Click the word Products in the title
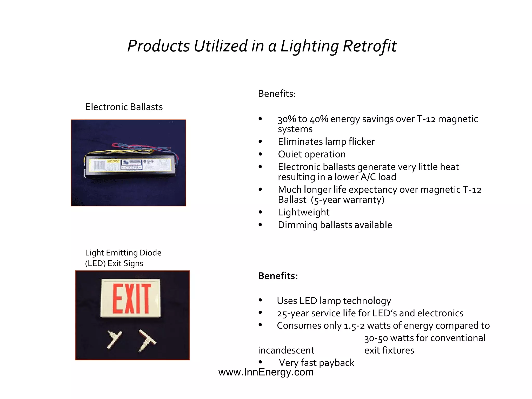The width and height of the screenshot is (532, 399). (158, 46)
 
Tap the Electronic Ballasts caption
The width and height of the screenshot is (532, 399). (124, 107)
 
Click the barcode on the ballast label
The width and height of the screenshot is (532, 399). (99, 165)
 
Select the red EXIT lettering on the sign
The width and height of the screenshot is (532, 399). (131, 299)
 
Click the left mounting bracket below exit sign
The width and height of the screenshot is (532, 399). (114, 339)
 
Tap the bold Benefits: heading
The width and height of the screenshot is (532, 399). (278, 276)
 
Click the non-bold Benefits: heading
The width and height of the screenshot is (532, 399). (277, 94)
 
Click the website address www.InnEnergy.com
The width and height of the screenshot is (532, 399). (266, 372)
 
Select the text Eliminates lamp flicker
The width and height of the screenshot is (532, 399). (326, 142)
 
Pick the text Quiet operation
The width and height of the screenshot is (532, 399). (311, 154)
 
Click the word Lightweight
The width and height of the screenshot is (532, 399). (303, 212)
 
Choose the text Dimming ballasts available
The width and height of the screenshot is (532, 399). (335, 225)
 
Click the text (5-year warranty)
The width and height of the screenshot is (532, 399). (348, 200)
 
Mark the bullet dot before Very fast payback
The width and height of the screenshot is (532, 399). (260, 362)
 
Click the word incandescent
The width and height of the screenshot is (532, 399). (286, 350)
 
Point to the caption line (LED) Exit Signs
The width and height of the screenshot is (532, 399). (114, 263)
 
